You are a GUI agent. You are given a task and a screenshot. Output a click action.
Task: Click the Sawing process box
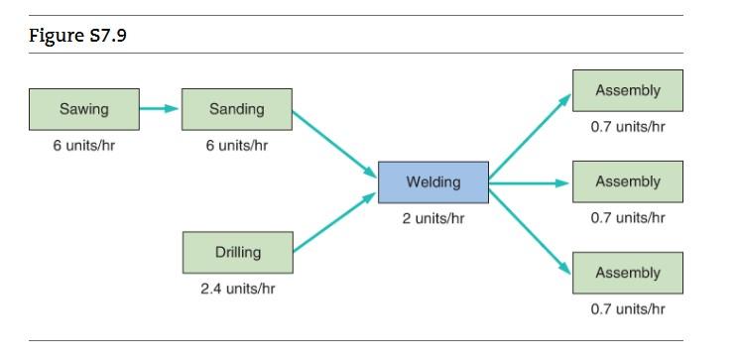(x=83, y=109)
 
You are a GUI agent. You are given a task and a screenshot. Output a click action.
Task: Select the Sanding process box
(x=237, y=109)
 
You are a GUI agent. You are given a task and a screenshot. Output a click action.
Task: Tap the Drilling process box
(x=237, y=252)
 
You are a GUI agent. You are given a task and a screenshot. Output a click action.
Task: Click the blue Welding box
(x=432, y=182)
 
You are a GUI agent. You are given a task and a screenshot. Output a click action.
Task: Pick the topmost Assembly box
(x=627, y=90)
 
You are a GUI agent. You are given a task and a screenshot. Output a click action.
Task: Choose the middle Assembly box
(x=627, y=182)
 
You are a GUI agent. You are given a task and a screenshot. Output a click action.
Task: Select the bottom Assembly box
(x=627, y=273)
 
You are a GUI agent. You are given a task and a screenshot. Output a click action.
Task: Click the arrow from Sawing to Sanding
(x=160, y=108)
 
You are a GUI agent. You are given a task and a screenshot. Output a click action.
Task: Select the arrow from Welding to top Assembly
(x=530, y=138)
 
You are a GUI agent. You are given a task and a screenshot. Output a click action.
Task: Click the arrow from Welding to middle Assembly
(x=530, y=182)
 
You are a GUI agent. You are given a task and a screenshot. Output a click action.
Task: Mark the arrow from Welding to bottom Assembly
(x=530, y=227)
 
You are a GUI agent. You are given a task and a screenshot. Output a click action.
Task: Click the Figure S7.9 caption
(x=77, y=37)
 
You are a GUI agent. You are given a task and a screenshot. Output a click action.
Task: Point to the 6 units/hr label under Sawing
(x=83, y=146)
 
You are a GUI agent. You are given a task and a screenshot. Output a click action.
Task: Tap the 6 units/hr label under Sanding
(x=237, y=146)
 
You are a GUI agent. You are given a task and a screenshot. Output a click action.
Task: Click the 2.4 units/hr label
(x=237, y=289)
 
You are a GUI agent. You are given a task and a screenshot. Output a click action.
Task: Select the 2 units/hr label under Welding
(x=432, y=218)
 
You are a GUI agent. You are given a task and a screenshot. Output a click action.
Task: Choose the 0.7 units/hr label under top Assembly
(x=627, y=127)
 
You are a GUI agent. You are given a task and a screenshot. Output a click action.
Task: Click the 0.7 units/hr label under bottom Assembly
(x=627, y=308)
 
